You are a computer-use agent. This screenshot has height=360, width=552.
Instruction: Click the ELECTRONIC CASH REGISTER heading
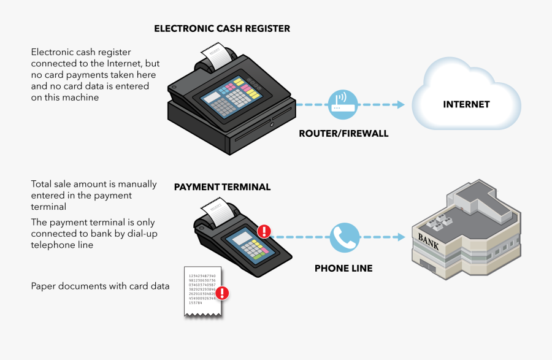(x=222, y=29)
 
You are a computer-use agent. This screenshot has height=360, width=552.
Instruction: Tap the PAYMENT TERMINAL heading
(x=222, y=187)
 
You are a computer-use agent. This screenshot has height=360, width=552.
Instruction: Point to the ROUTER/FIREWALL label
(x=343, y=133)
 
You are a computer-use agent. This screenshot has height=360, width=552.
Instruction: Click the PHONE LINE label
(x=343, y=268)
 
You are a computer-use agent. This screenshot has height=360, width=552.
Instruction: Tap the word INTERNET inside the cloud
(x=466, y=104)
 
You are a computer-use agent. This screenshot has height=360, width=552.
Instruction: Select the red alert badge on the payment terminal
(x=264, y=231)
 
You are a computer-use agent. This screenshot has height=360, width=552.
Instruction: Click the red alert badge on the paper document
(x=223, y=293)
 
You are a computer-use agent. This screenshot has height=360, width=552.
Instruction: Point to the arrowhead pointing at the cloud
(x=400, y=104)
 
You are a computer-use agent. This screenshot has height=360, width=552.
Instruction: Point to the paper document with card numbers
(x=202, y=291)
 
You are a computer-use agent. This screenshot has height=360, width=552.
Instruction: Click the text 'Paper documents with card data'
(x=101, y=286)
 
